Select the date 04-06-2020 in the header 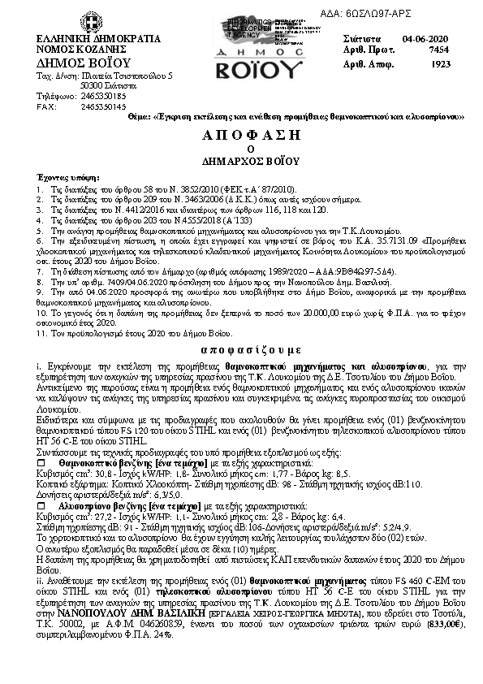tap(425, 38)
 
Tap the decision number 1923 tap(441, 63)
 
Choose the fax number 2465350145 tap(103, 106)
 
